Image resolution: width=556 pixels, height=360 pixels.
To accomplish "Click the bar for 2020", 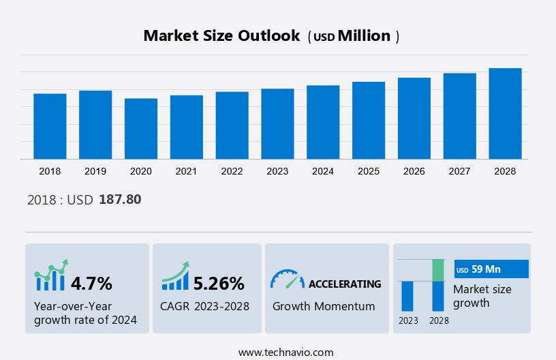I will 141,129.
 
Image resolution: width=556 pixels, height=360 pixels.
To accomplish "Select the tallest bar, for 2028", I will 505,114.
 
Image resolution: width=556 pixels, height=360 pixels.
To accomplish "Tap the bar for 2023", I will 277,124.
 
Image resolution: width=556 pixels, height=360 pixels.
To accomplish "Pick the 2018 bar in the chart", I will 50,126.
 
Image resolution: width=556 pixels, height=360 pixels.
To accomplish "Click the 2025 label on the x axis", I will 369,171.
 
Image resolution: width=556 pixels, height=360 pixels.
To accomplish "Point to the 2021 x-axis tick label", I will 187,171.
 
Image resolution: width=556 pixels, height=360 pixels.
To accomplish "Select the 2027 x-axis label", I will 460,171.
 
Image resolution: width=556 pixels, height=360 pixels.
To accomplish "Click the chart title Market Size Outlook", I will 221,36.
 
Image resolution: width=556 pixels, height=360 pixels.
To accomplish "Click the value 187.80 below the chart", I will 120,200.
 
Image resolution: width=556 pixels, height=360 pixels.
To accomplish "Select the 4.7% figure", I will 91,283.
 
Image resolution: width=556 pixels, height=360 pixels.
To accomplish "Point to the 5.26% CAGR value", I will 218,283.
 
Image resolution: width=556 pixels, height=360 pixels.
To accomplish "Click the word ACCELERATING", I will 345,284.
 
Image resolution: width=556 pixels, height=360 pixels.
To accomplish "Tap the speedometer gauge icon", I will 287,278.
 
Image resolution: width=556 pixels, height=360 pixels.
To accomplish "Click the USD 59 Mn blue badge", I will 491,269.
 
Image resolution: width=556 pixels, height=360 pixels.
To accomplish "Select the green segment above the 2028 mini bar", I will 438,270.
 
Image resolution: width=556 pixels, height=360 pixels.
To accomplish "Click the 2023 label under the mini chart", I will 408,320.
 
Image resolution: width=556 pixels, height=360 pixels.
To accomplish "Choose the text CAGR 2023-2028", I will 204,306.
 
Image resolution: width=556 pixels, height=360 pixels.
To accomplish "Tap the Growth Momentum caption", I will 324,306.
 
